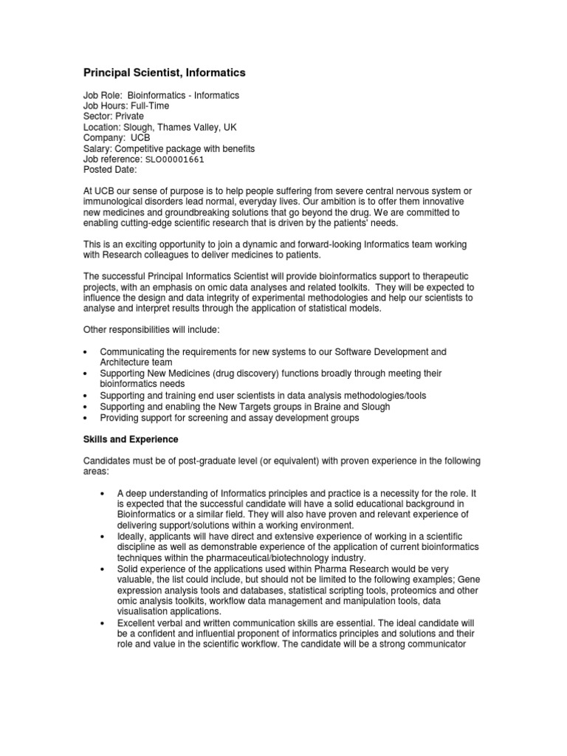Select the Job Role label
click(x=103, y=96)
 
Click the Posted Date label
click(x=110, y=170)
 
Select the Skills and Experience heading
click(x=130, y=439)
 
